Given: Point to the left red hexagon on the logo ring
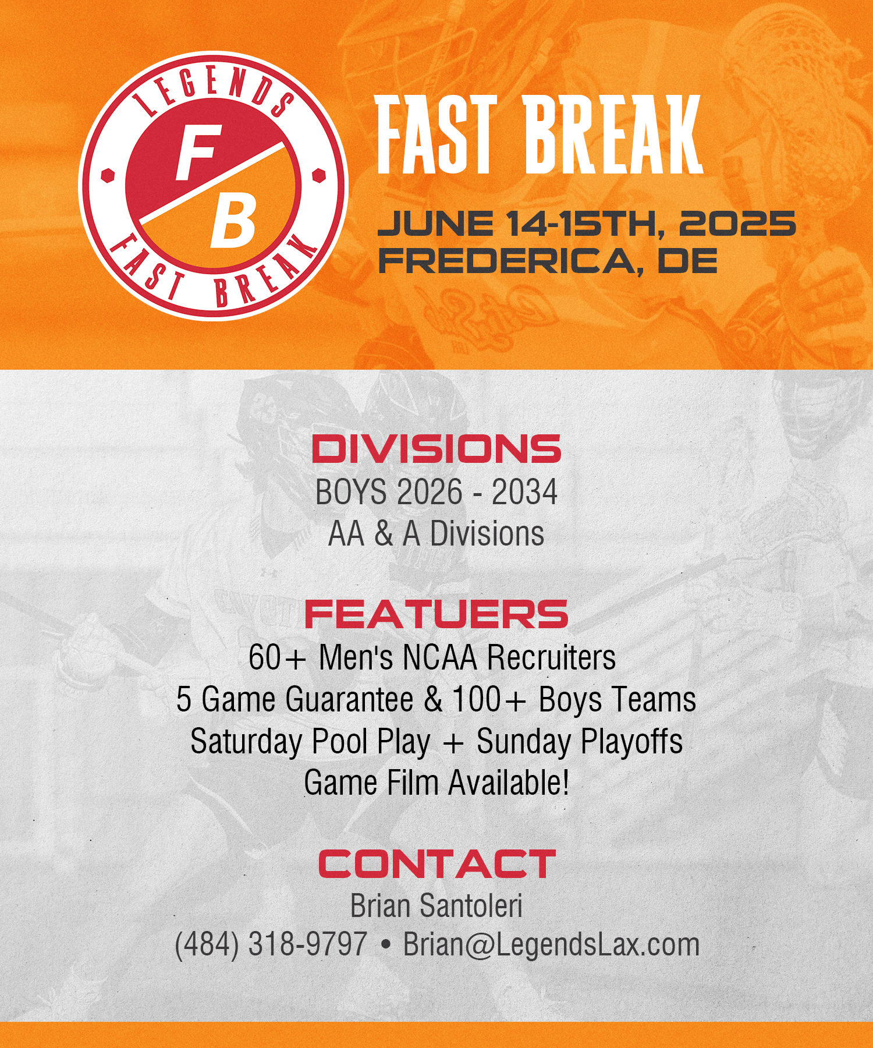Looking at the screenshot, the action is pos(108,175).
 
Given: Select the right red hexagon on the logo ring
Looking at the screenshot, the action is pos(318,175).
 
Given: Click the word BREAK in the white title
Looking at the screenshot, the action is pos(613,135).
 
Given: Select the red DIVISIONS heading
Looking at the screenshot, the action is pos(436,449).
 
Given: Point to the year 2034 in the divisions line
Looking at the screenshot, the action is pos(524,492).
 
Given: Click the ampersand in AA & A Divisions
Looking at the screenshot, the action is pos(384,534).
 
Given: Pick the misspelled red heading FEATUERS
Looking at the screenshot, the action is pos(436,614).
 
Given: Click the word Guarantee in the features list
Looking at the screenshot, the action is pos(349,699).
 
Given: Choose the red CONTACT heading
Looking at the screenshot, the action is pos(437,864).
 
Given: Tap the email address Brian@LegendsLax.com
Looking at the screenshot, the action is pos(551,945).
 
